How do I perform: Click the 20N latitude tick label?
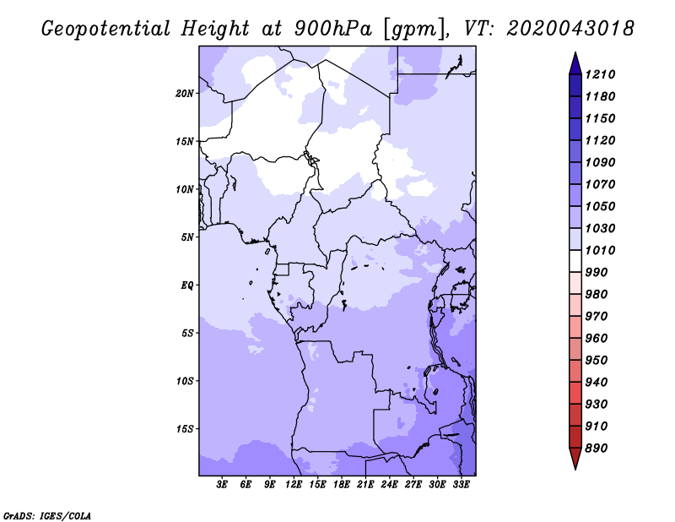click(185, 94)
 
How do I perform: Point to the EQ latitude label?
click(187, 285)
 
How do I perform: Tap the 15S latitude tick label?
click(185, 429)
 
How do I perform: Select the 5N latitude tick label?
click(187, 237)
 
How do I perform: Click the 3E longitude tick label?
click(222, 485)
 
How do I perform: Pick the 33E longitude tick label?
click(461, 485)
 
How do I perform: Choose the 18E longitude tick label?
click(342, 485)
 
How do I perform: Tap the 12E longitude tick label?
click(294, 485)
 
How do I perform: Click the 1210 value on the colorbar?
click(600, 74)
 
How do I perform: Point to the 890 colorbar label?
click(597, 449)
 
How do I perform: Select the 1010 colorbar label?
click(600, 250)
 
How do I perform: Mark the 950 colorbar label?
click(597, 361)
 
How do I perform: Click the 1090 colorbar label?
click(600, 162)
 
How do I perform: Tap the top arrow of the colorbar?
click(575, 63)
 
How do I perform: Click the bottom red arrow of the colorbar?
click(575, 459)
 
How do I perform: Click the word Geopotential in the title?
click(106, 29)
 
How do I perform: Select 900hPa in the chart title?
click(333, 29)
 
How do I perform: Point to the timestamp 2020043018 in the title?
click(570, 29)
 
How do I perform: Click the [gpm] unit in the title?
click(413, 30)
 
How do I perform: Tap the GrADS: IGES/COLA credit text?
click(47, 516)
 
